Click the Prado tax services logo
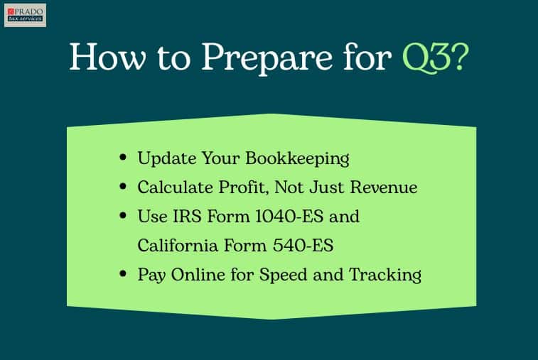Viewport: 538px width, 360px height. pos(25,15)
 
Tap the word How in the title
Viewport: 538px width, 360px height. pos(107,57)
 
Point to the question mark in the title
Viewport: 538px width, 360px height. pos(460,57)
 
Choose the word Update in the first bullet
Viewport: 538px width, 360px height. pos(167,159)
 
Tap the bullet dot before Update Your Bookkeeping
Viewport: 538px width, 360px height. pos(122,158)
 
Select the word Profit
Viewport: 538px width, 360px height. pos(243,187)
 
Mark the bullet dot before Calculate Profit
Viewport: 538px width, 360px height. pos(122,187)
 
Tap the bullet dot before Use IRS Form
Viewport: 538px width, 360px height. pos(122,216)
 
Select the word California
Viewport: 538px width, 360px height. pos(178,246)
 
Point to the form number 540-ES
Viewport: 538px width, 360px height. pos(303,246)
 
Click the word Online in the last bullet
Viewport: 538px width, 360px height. pos(198,275)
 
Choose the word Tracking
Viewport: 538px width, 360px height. pos(385,276)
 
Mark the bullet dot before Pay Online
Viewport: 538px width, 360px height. pos(122,274)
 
